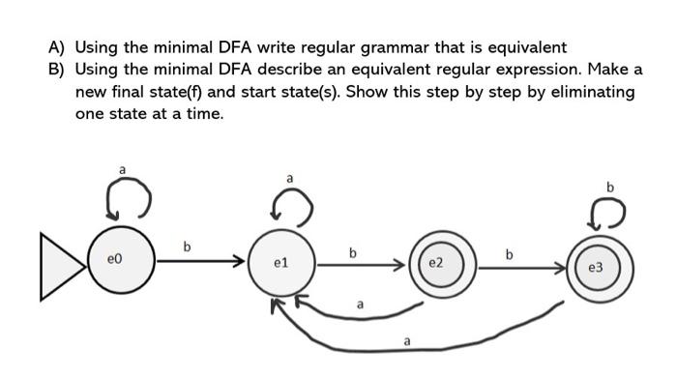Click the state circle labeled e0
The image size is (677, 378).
click(118, 261)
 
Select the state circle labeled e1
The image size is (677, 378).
click(281, 262)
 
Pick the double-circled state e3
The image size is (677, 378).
click(601, 265)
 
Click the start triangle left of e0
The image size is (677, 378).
click(60, 261)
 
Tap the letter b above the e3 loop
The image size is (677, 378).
click(610, 185)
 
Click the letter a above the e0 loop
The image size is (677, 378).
click(122, 170)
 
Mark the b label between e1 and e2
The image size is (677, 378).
click(353, 253)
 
